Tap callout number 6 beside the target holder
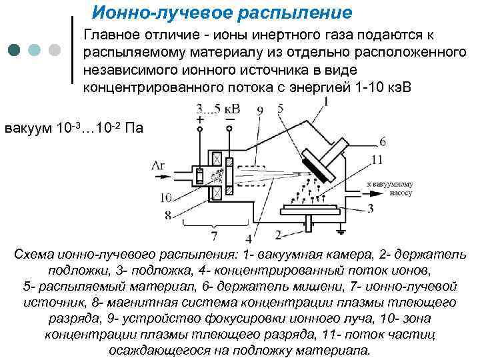(383, 141)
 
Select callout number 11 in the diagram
(377, 159)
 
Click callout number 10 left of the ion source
(167, 197)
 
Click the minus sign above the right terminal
(230, 119)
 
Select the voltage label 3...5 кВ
(219, 108)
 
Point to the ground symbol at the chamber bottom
(342, 230)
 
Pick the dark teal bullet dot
(15, 50)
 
